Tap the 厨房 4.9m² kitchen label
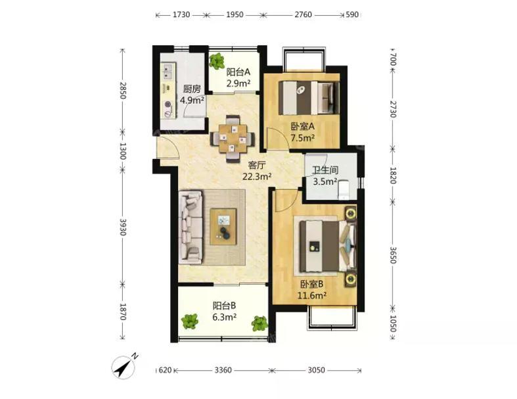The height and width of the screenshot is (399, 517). coord(192,95)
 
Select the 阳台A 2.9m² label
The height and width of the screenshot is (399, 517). coord(238,78)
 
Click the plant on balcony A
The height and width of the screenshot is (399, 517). coord(217,61)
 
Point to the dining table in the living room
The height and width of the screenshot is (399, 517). coord(233,139)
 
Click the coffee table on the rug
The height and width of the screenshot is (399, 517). coord(223,227)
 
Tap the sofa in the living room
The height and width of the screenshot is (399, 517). coord(191,228)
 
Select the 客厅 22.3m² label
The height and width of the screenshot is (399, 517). coord(257,171)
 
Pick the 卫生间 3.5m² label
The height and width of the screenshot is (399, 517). coord(325,176)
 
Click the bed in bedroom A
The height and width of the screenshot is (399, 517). coord(309,98)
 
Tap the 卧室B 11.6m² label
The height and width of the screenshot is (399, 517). coord(312,289)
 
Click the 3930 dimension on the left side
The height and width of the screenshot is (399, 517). coord(123,227)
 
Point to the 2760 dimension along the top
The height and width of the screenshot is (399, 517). coord(303,14)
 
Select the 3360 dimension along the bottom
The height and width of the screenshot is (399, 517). coord(223,370)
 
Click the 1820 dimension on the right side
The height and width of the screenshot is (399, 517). coord(393,176)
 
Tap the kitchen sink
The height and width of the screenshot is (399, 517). coord(168,72)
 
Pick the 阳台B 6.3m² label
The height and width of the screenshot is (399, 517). coord(224,311)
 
